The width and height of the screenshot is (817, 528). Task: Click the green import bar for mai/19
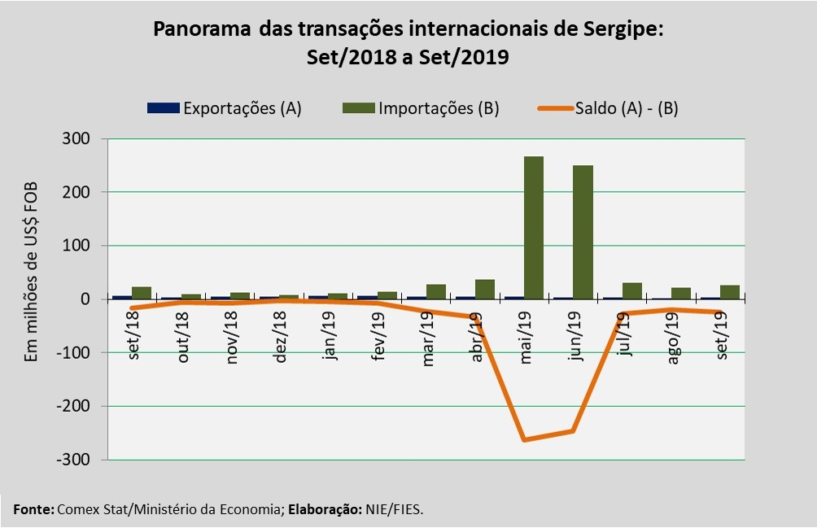(x=534, y=227)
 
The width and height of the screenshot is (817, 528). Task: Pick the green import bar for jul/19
(x=632, y=290)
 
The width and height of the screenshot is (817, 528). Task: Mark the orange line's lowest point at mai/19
(x=523, y=440)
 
